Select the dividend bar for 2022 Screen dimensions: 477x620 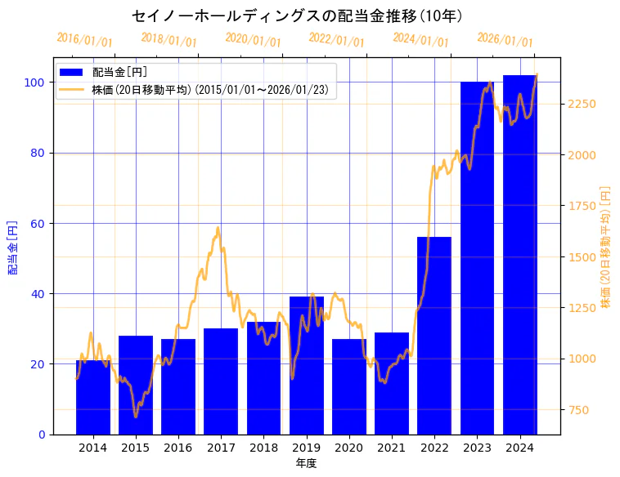[x=434, y=335]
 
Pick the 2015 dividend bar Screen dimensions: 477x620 [x=136, y=385]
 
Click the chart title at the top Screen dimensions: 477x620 [x=297, y=16]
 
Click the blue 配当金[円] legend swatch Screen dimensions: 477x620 [x=73, y=73]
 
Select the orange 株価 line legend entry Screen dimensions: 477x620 [x=73, y=90]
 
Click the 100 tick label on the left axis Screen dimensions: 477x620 [x=35, y=82]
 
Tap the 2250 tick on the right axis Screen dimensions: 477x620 [x=582, y=104]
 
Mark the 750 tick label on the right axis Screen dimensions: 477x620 [x=579, y=410]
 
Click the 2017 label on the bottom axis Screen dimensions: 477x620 [x=221, y=448]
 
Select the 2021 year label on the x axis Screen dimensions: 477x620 [x=392, y=448]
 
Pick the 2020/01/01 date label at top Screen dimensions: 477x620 [x=253, y=40]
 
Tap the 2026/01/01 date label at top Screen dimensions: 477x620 [x=505, y=40]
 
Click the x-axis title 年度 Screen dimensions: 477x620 [x=306, y=463]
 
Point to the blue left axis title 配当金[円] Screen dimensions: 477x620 [x=12, y=247]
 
